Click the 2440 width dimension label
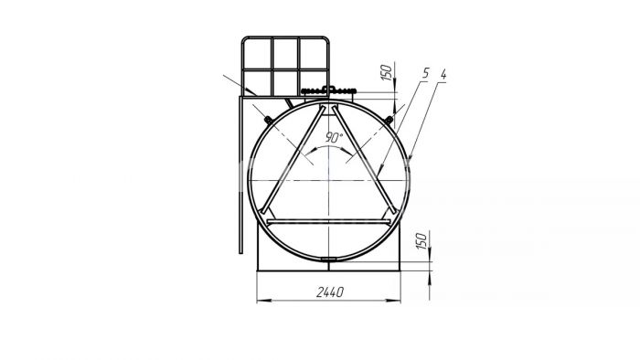tap(330, 291)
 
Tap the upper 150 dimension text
tap(386, 72)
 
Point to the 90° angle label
tap(334, 137)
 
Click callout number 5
tap(426, 74)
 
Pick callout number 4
tap(443, 75)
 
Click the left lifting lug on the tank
tap(268, 121)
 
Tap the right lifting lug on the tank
tap(389, 120)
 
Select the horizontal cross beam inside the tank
tap(328, 222)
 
